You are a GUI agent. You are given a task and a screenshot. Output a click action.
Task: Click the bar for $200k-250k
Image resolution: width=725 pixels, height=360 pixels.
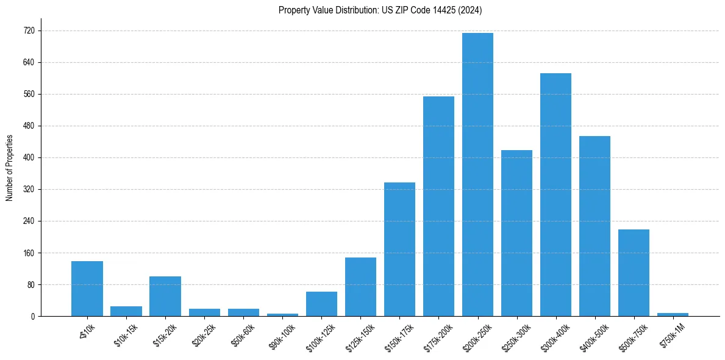point(477,175)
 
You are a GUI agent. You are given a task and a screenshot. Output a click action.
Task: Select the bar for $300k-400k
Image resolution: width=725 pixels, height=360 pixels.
point(555,195)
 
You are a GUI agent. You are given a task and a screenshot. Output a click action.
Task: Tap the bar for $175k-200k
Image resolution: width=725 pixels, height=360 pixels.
point(438,206)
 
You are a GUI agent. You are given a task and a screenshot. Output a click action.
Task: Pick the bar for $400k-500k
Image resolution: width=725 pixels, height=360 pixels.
point(595,226)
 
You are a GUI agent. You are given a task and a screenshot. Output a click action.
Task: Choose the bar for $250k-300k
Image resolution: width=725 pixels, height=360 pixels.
point(516,233)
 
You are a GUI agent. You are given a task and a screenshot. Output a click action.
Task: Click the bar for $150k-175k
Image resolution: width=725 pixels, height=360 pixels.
point(399,249)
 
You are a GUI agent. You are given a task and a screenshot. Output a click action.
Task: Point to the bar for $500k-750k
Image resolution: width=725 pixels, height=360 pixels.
point(634,273)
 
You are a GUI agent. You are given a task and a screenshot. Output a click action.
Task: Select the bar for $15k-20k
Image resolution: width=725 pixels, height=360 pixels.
point(165,296)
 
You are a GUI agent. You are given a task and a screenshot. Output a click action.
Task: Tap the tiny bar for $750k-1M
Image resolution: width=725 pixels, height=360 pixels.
point(673,314)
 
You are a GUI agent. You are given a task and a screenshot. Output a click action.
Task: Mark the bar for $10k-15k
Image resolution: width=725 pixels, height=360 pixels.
point(126,311)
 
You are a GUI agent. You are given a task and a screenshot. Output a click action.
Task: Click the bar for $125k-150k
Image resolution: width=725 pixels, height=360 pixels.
point(360,287)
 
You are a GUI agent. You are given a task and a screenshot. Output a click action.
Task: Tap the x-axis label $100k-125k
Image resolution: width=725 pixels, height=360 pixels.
point(320,335)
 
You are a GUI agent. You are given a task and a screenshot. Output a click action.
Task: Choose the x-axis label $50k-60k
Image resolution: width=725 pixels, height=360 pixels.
point(242,334)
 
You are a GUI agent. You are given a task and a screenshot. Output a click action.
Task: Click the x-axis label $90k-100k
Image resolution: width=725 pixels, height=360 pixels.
point(280,335)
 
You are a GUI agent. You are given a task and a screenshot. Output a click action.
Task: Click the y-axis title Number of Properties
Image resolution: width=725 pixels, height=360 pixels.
point(9,168)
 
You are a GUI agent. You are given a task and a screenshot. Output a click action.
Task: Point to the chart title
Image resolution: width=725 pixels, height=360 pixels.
point(380,10)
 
